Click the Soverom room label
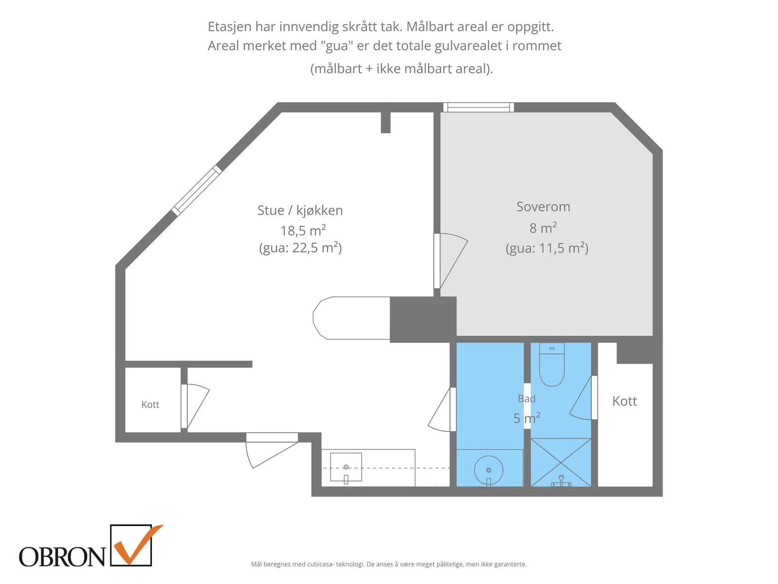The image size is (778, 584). [x=543, y=207]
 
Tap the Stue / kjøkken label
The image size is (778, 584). [x=300, y=211]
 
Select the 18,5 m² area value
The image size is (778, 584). [x=303, y=231]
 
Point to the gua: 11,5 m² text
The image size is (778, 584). [x=547, y=248]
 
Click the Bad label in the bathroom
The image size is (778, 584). [x=526, y=399]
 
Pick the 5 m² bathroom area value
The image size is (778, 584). [x=527, y=418]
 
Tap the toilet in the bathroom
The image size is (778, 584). [x=551, y=365]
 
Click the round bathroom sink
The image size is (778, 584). [x=488, y=470]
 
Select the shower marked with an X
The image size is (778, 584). [x=561, y=462]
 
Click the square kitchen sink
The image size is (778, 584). [x=346, y=467]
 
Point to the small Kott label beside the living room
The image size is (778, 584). [x=150, y=404]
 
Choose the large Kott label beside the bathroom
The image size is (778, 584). [x=624, y=401]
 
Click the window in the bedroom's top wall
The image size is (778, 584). [x=478, y=107]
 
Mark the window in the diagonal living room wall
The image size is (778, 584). [x=197, y=190]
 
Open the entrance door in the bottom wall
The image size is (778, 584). [x=272, y=450]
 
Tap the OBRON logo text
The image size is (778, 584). [x=62, y=557]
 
